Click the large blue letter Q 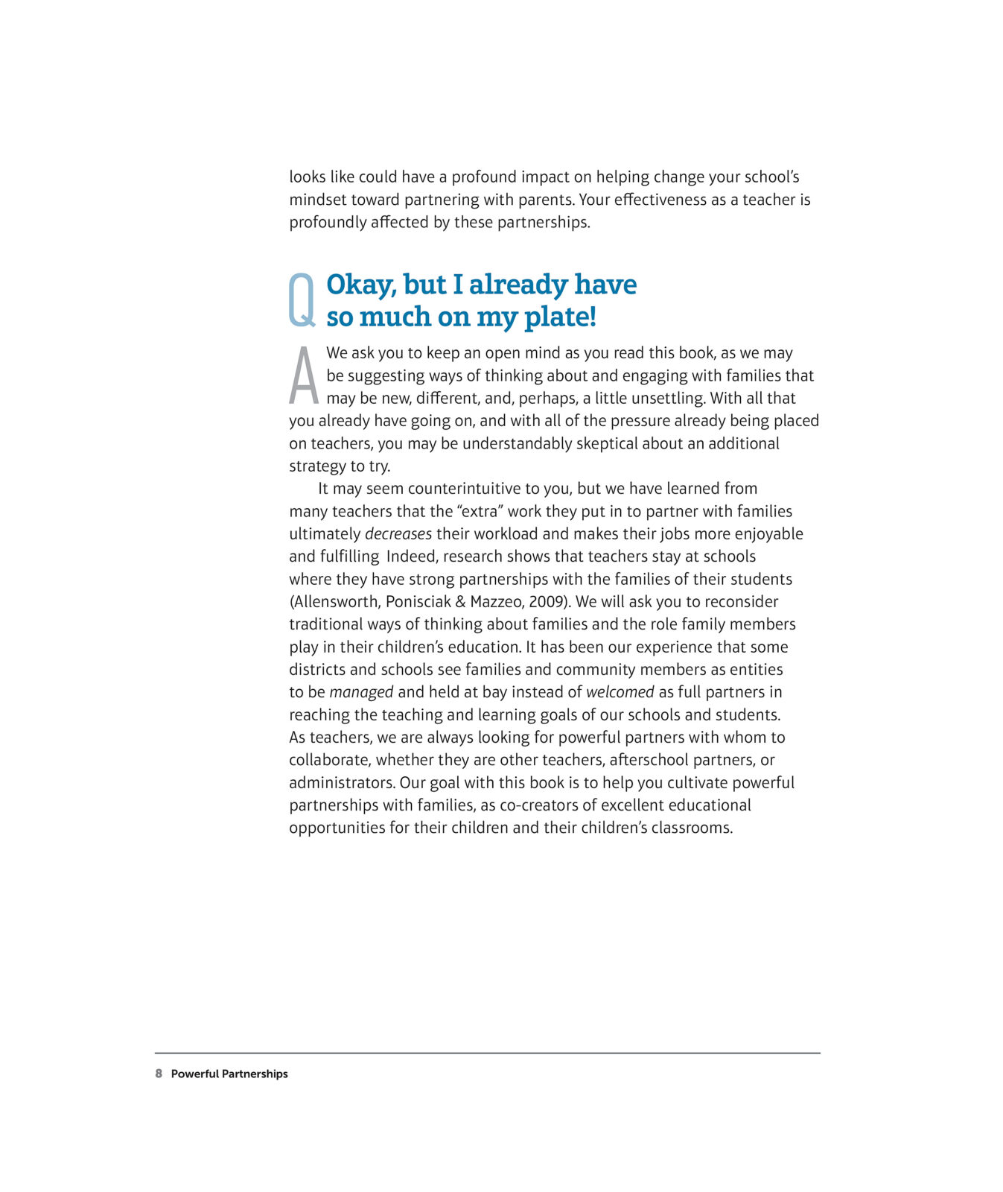302,299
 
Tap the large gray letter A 304,375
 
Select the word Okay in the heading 361,285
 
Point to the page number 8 159,1074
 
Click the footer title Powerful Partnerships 229,1074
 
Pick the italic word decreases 398,534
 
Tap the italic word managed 361,692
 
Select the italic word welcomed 620,692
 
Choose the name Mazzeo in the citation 496,602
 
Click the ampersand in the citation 460,602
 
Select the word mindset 318,200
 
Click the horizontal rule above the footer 488,1053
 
